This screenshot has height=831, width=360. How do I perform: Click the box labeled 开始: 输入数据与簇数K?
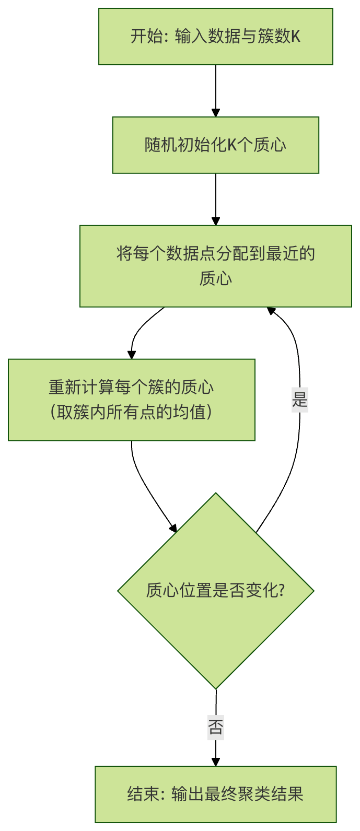coord(215,37)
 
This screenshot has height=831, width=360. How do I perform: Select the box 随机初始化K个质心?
coord(215,145)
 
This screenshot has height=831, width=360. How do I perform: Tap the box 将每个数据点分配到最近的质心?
coord(215,266)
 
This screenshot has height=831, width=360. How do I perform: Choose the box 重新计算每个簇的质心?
coord(131,400)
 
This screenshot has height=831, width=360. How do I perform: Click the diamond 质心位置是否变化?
coord(215,591)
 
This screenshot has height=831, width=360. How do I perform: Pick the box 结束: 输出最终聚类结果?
coord(215,794)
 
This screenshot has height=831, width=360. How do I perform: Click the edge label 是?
coord(300,401)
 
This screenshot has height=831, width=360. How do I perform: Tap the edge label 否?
coord(215,727)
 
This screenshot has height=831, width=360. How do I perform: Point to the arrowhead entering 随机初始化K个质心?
coord(215,113)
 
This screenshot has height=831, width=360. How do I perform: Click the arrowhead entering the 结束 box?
coord(215,762)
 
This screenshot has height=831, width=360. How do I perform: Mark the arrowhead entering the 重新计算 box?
coord(132,355)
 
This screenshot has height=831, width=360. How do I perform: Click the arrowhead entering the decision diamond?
coord(173,528)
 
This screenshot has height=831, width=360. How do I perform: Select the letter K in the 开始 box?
coord(295,37)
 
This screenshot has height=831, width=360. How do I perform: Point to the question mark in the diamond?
coord(282,591)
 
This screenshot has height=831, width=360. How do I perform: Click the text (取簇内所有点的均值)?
coord(131,413)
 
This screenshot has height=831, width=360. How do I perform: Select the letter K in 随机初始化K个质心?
coord(232,145)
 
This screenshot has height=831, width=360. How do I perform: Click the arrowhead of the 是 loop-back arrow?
coord(271,311)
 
